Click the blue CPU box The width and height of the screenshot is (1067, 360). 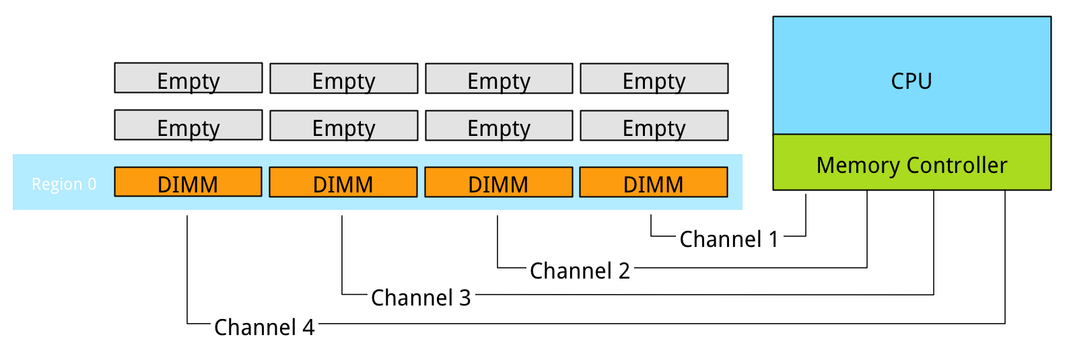coord(911,75)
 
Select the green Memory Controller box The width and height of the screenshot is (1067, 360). coord(911,162)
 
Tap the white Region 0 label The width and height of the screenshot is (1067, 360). coord(64,184)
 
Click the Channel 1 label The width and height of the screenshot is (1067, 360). coord(729,239)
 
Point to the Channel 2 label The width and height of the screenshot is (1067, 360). coord(580,271)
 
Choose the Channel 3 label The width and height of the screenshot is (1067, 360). coord(421,297)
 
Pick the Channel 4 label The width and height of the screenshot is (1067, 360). coord(265,327)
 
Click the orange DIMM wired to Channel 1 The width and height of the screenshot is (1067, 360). coord(654,182)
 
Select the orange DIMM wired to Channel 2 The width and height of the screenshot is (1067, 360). coord(499,182)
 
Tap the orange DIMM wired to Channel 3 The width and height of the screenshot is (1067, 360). coord(343,182)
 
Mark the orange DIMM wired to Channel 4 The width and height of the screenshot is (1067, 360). coord(188,182)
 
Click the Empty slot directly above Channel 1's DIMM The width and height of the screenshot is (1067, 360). coord(654,126)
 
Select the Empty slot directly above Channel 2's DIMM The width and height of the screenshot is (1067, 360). coord(499,126)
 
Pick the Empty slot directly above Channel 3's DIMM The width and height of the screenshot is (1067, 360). coord(344,126)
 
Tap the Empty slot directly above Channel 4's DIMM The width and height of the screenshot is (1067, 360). coord(188,125)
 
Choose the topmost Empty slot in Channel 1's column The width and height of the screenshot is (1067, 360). coord(654,79)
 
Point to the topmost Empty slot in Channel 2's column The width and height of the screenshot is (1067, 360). coord(499,79)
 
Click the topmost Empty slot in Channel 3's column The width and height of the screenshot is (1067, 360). coord(344,79)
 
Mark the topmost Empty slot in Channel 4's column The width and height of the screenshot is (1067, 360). coord(188,78)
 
